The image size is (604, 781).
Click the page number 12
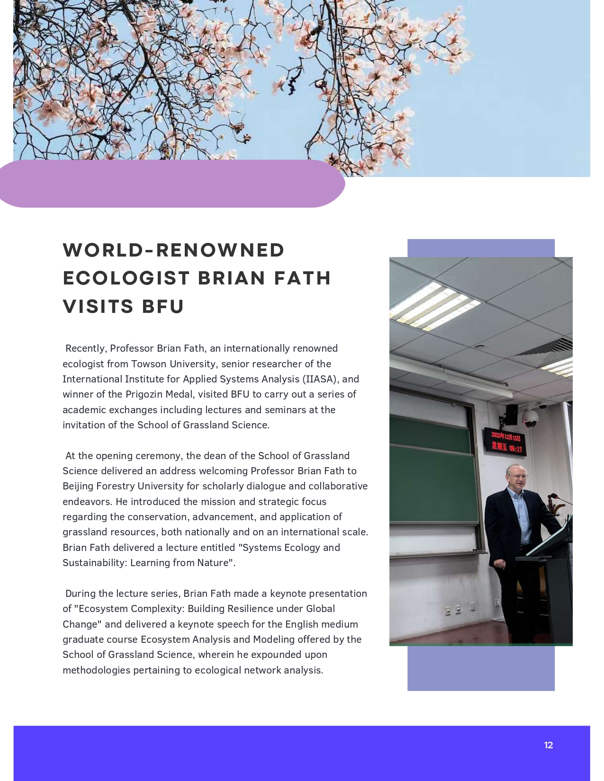click(548, 745)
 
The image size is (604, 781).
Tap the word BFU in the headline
click(163, 307)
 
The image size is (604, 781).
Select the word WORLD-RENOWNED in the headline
click(174, 250)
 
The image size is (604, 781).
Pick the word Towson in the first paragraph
click(148, 364)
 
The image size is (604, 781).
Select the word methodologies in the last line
click(96, 670)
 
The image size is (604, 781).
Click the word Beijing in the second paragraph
click(78, 486)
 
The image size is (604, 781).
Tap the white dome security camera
click(530, 419)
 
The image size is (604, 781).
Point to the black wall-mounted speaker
click(511, 414)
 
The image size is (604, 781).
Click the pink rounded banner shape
click(171, 184)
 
